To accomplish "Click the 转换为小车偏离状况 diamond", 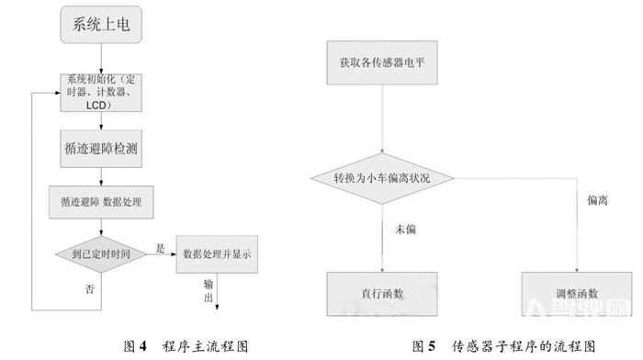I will click(x=382, y=177).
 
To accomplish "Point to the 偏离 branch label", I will click(x=596, y=198).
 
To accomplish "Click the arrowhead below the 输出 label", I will click(x=217, y=309).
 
